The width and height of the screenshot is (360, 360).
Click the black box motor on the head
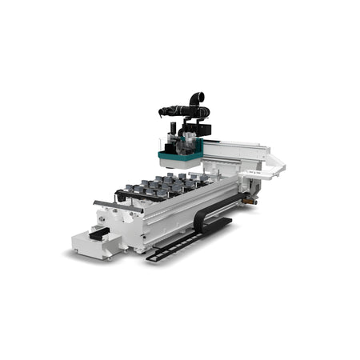(203, 128)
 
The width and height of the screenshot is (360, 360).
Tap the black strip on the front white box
(100, 231)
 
